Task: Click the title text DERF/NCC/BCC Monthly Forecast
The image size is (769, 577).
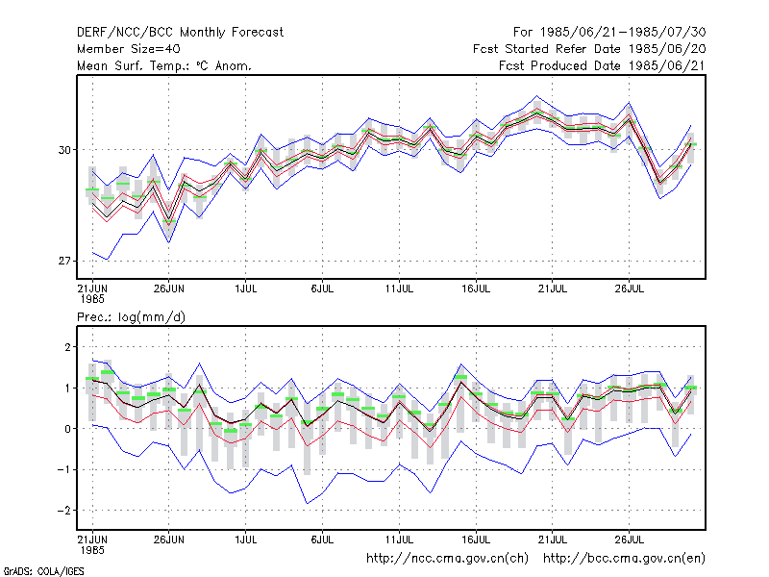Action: click(x=180, y=33)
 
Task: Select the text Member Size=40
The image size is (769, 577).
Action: click(x=129, y=49)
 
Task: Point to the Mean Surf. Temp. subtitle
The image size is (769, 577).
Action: click(x=163, y=65)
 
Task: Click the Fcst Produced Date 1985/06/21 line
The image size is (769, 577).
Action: click(x=602, y=65)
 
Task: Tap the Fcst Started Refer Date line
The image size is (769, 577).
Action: click(x=589, y=49)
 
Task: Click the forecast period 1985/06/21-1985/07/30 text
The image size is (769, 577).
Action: click(x=609, y=33)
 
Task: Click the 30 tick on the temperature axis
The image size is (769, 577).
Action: click(x=64, y=150)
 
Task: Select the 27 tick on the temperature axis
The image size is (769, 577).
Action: click(x=64, y=261)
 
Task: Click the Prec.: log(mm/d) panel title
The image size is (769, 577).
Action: click(x=131, y=317)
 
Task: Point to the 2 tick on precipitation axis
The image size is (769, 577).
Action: click(x=67, y=347)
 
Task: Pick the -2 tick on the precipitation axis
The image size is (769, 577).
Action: click(x=63, y=511)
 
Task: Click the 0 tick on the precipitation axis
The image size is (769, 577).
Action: click(x=67, y=429)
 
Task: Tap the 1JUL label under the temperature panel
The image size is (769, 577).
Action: click(x=246, y=288)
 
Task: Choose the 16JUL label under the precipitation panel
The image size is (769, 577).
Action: click(x=476, y=539)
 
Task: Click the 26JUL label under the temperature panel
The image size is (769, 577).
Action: click(x=630, y=288)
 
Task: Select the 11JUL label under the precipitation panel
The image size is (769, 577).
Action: click(x=399, y=539)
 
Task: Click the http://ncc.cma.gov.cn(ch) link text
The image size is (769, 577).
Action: click(x=447, y=559)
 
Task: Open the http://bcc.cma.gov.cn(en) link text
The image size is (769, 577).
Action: click(x=624, y=559)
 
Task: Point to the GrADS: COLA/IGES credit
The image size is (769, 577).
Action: click(x=43, y=571)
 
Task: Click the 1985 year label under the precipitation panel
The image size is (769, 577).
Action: click(x=92, y=550)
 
